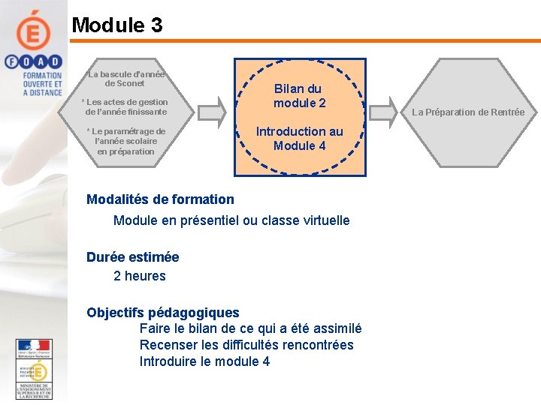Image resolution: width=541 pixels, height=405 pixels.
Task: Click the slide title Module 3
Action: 116,25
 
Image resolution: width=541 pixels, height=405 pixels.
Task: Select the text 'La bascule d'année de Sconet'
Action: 125,79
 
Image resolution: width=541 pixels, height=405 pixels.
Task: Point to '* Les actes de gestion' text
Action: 125,102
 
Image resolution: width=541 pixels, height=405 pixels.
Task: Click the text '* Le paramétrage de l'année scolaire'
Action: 125,136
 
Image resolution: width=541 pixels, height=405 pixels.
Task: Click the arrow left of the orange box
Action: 213,112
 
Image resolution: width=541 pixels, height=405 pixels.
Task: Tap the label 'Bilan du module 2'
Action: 299,95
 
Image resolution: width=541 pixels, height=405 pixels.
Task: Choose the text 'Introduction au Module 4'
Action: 299,138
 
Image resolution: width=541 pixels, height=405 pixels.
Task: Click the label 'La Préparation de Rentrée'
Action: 470,112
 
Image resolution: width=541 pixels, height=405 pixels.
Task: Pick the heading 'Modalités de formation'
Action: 160,199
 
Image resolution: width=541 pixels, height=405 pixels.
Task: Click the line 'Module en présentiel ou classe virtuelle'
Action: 231,220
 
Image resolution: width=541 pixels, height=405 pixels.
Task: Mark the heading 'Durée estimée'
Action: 132,257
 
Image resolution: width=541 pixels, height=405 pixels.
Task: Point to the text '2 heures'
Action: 140,276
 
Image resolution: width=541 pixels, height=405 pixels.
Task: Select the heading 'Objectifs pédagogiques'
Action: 162,313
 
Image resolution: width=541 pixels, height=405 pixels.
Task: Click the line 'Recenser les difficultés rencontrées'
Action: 246,345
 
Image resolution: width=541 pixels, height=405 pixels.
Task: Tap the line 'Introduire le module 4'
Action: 204,361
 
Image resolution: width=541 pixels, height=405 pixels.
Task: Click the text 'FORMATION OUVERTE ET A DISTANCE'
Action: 43,83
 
